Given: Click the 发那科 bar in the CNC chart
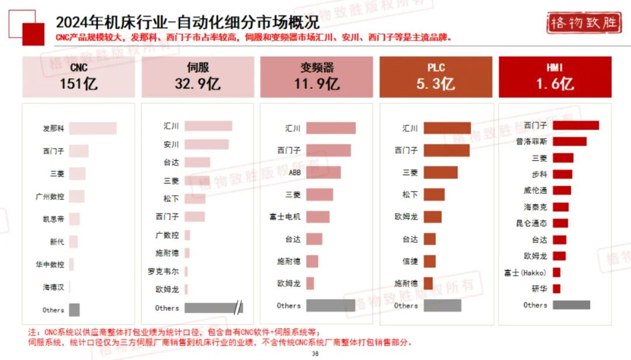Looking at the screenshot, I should tap(92, 129).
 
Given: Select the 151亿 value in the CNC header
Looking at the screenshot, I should tap(78, 84).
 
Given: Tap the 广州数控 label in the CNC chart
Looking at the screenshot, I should tap(50, 197).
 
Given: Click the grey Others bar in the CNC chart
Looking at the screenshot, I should tap(74, 310).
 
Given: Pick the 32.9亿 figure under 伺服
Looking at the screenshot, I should tap(197, 84).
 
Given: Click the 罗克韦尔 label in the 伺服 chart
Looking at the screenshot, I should tap(167, 271).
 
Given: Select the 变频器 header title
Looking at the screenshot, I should tap(316, 68).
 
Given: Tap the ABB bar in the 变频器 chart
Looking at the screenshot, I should tap(323, 172).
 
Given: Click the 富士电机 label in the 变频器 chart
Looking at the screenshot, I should tap(285, 217).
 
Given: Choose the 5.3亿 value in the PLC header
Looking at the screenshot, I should tap(435, 84).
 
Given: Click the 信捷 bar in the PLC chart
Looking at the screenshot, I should tap(429, 261).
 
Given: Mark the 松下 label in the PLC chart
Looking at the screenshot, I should tap(410, 195).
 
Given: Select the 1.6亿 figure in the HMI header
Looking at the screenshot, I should tap(554, 84).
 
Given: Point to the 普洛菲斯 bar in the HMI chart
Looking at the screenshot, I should tap(570, 141).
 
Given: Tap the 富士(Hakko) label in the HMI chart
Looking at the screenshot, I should tap(525, 273).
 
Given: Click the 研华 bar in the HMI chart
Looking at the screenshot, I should tap(557, 289).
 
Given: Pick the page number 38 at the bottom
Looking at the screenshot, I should tap(315, 354).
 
